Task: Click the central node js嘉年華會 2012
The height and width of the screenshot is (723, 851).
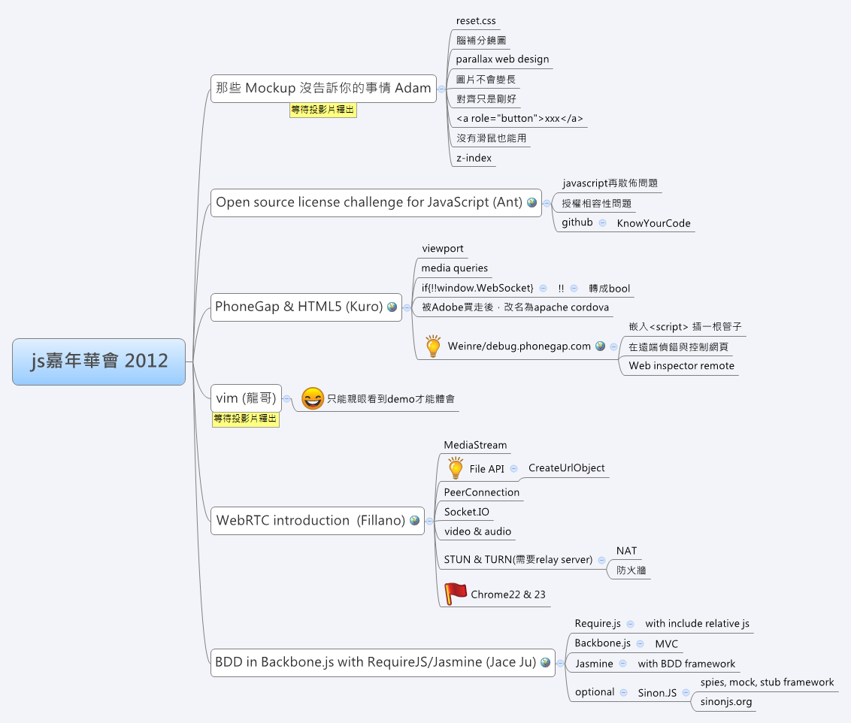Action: coord(98,361)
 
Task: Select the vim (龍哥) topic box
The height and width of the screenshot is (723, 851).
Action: coord(246,398)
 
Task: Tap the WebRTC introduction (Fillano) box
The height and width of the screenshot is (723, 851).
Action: coord(310,520)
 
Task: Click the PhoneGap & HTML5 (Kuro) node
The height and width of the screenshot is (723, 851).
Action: coord(298,307)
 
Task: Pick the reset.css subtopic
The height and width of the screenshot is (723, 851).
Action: coord(476,21)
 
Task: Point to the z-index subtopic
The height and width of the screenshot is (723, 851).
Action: coord(474,158)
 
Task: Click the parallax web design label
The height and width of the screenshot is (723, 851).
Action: coord(502,59)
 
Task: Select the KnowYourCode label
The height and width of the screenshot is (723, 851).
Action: coord(653,223)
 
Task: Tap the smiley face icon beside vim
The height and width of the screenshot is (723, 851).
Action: coord(312,398)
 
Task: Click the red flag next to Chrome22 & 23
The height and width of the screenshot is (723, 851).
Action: coord(455,594)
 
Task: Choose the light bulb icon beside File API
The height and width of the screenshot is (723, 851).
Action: coord(456,467)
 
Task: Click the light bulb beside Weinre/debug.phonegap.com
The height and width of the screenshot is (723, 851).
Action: coord(433,346)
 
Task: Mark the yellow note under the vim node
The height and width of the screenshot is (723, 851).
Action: coord(246,419)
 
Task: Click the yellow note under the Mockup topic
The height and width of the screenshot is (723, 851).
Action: coord(323,110)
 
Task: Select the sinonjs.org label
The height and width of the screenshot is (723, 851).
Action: coord(726,702)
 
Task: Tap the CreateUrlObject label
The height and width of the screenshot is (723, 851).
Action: coord(566,468)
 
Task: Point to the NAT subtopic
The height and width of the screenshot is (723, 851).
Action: coord(626,551)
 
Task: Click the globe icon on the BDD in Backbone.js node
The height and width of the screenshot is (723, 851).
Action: coord(545,663)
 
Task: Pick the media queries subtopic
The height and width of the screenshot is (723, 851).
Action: coord(454,268)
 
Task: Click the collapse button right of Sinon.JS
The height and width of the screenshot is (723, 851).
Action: coord(686,692)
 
